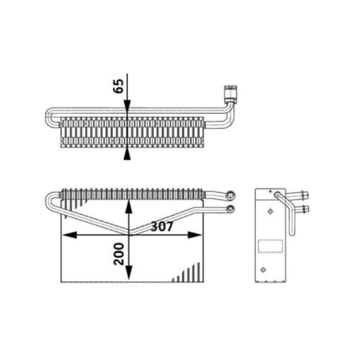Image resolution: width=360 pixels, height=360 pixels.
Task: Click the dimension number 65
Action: click(x=118, y=86)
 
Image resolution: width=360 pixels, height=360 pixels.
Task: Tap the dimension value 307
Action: click(x=162, y=226)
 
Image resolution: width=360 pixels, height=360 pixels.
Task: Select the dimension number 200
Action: click(x=119, y=254)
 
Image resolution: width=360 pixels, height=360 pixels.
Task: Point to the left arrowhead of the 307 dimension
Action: click(x=70, y=235)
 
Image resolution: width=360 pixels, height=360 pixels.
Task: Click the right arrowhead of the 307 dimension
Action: click(x=195, y=235)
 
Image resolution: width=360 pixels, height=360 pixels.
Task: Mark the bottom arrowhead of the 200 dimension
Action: click(x=129, y=272)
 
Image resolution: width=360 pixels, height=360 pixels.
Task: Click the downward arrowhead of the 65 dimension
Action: click(x=127, y=107)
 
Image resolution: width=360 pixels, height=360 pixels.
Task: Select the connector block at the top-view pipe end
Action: click(x=230, y=93)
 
